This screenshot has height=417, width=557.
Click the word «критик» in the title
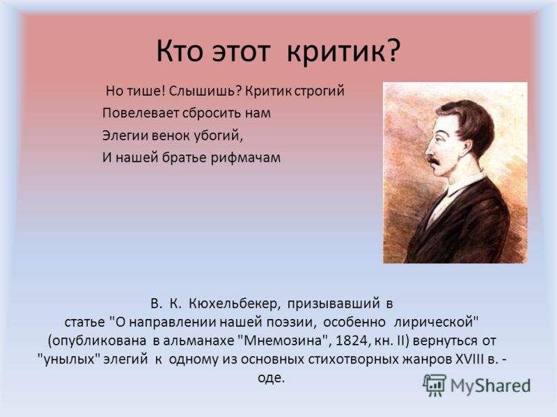tap(336, 51)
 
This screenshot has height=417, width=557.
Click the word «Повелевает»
tap(141, 113)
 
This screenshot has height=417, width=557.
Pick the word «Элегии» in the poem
tap(125, 136)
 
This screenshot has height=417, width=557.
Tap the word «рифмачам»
tap(246, 158)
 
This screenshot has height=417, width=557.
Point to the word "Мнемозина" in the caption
tap(282, 341)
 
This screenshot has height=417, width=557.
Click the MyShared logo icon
tap(434, 385)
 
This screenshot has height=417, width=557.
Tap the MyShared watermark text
tap(491, 386)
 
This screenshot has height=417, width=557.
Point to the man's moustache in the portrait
tap(433, 159)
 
